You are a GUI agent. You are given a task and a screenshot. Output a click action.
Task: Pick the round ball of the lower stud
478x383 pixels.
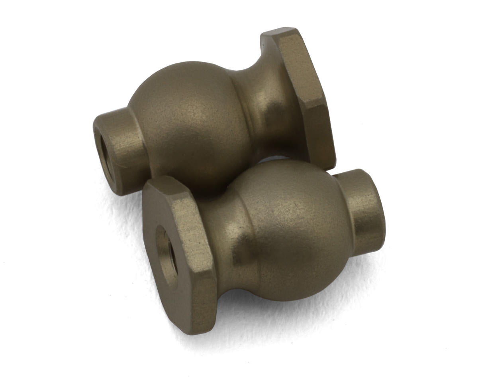pos(295,231)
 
